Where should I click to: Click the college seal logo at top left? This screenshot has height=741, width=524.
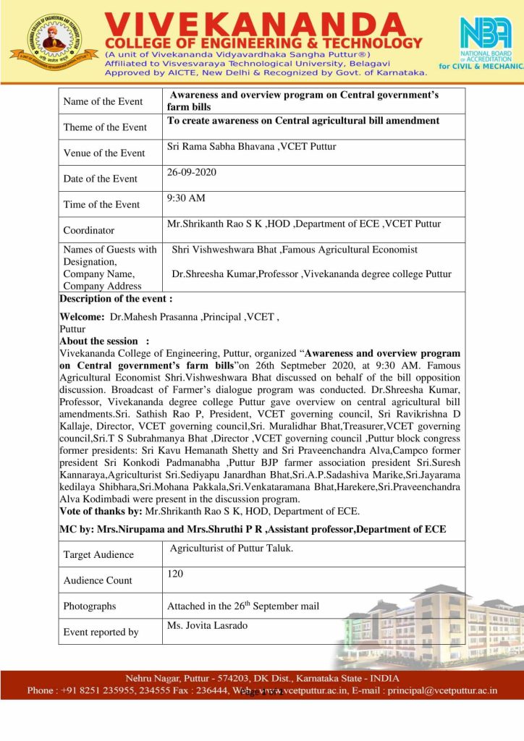tap(53, 41)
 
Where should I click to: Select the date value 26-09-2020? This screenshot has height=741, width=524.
tap(192, 173)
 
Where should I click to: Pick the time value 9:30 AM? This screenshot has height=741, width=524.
tap(186, 198)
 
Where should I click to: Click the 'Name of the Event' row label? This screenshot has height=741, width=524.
tap(103, 101)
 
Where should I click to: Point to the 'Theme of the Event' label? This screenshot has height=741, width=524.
tap(105, 127)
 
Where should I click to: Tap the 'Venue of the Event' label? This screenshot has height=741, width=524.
tap(104, 153)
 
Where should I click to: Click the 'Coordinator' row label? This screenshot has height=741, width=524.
tap(89, 230)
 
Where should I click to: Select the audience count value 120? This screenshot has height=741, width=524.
tap(175, 574)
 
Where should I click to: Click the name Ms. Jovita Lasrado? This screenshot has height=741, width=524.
tap(207, 625)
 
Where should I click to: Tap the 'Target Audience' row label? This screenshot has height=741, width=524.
tap(98, 554)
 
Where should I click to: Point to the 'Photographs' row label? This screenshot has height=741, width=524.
tap(89, 606)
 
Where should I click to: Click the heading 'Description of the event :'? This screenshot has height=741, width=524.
tap(116, 299)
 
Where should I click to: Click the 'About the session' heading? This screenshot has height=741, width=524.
tap(100, 341)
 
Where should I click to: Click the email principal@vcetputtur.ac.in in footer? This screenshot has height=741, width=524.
tap(443, 690)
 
